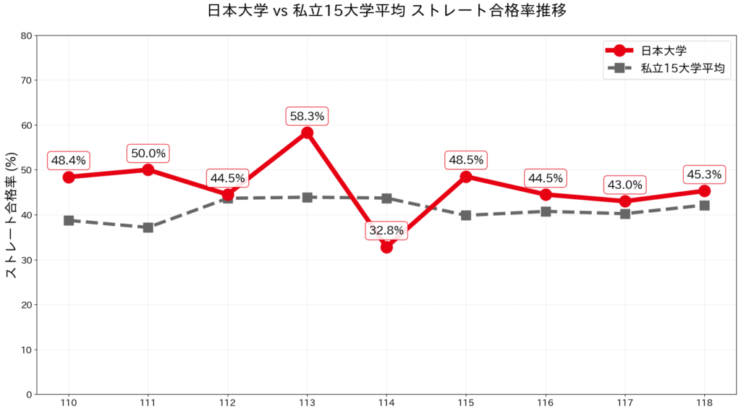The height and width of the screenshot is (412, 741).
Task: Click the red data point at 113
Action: click(x=307, y=133)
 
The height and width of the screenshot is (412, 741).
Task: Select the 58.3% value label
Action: click(x=307, y=115)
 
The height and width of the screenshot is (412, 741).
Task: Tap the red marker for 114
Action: click(x=386, y=247)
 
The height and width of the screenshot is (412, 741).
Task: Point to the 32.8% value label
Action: click(x=386, y=231)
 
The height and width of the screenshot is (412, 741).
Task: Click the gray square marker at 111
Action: click(x=148, y=227)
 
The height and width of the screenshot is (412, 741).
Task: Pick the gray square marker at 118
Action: click(x=704, y=205)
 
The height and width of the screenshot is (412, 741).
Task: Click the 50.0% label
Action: click(x=148, y=153)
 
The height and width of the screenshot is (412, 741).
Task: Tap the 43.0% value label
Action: click(x=624, y=185)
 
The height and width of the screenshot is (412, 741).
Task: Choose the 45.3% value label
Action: click(x=703, y=175)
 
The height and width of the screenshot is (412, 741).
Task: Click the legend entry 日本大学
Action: click(x=664, y=51)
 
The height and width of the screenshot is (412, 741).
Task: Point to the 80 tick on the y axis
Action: click(x=27, y=35)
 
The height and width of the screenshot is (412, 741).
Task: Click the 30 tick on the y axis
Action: click(x=27, y=260)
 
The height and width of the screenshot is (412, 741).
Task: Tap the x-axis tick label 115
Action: click(x=465, y=403)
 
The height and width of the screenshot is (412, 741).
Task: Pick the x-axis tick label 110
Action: click(x=69, y=403)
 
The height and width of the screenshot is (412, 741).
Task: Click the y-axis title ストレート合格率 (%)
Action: click(x=12, y=215)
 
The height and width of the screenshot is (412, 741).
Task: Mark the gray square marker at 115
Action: click(x=466, y=215)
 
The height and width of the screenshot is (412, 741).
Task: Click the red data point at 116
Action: click(x=546, y=195)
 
